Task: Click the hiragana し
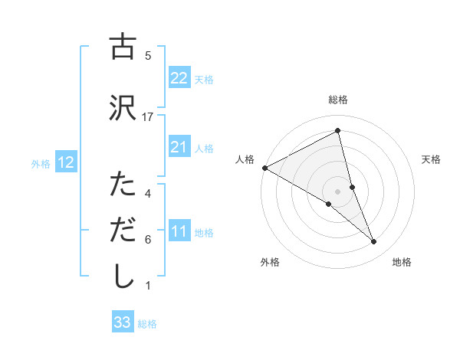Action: (122, 277)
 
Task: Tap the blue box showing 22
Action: (179, 77)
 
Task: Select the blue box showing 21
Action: (179, 147)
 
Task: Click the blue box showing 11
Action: (179, 231)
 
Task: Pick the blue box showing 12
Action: (65, 162)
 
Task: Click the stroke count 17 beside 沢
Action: (148, 116)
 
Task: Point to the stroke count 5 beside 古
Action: (148, 55)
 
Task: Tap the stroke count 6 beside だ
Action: (148, 240)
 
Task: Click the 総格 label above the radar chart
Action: (338, 100)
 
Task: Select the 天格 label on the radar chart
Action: (432, 159)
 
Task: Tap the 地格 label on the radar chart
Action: (402, 262)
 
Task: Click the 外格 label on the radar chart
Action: (270, 262)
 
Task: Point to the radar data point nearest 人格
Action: (264, 167)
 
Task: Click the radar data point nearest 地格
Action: (374, 242)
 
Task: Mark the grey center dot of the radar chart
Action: (338, 191)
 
